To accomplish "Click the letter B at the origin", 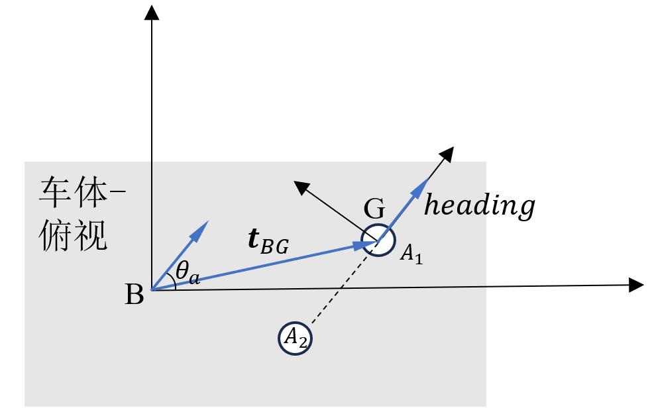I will point(135,295).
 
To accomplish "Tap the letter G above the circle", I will point(374,210).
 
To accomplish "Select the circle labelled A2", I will point(295,338).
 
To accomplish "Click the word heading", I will point(479,206).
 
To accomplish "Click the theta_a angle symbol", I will point(188,273).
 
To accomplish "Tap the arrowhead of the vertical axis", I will point(152,11).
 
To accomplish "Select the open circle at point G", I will point(378,240).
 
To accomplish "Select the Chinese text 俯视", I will point(74,234).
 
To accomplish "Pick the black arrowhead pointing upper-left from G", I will point(302,188).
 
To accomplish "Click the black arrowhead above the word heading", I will point(448,153).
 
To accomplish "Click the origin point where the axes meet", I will point(152,289).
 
